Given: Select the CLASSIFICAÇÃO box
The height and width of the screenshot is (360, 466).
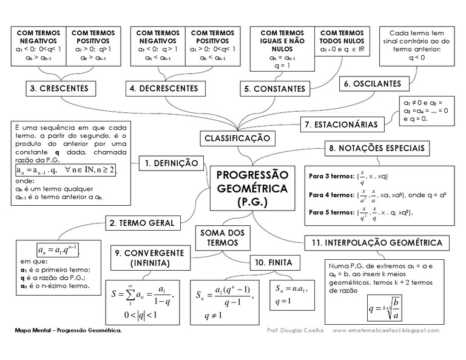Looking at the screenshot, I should tap(236, 138).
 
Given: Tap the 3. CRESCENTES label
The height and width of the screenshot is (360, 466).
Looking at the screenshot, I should tap(59, 89).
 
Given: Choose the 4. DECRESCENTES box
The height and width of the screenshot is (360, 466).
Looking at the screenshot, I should tap(163, 89).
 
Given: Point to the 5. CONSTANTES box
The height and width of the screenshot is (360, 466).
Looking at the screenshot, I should tap(275, 89).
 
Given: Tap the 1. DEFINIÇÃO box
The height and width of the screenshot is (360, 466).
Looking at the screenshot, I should tap(172, 163).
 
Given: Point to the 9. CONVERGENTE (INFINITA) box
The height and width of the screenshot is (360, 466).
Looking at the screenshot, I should tap(149, 258).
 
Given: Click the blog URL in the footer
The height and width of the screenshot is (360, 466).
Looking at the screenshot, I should tap(386, 330).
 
